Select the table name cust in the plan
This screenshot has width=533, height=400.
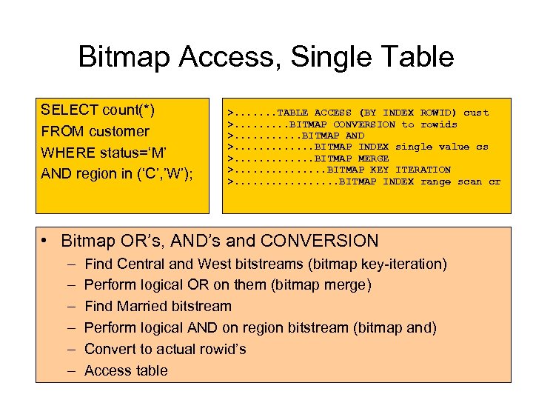tap(476, 113)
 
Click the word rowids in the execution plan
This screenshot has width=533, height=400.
tap(438, 124)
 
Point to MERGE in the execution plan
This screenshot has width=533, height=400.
tap(373, 159)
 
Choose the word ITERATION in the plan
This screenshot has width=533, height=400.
tap(423, 170)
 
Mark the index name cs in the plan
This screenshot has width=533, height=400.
tap(482, 147)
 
